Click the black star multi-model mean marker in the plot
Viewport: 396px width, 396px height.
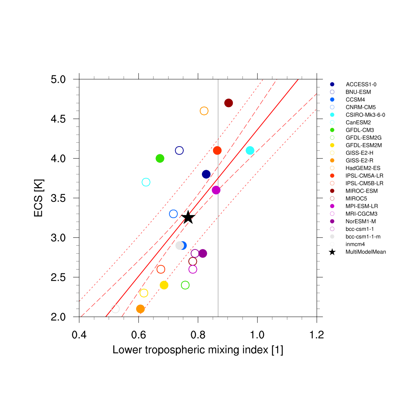pos(188,217)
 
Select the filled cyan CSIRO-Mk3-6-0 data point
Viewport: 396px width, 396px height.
pos(250,150)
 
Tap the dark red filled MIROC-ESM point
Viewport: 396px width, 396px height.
pos(229,103)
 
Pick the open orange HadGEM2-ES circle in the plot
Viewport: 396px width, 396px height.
pos(204,111)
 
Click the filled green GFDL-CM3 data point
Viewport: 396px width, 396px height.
pos(160,158)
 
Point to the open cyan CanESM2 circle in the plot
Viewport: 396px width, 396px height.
pos(146,182)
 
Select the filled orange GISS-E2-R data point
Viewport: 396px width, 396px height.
pos(140,309)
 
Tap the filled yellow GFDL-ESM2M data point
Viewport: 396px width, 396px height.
pos(164,285)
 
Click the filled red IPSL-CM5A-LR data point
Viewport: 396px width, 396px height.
pos(217,150)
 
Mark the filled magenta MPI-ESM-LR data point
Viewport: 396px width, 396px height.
pos(216,190)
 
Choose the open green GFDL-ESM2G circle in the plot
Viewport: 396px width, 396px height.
pos(185,285)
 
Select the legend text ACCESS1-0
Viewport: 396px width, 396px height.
pos(358,84)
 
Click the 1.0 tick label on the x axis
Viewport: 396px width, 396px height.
pos(257,335)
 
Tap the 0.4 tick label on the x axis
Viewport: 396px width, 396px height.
pos(79,335)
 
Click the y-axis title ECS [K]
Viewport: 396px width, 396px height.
pos(39,198)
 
